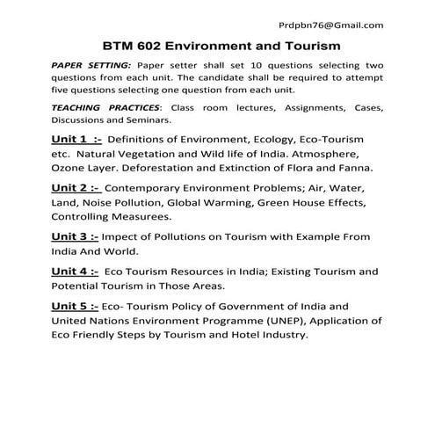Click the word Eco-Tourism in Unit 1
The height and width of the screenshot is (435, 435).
[x=330, y=141]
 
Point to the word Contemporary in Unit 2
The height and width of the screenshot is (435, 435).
[x=147, y=189]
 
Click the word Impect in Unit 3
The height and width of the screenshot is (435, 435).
[x=122, y=237]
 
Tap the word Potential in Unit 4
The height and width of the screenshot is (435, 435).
[x=77, y=286]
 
